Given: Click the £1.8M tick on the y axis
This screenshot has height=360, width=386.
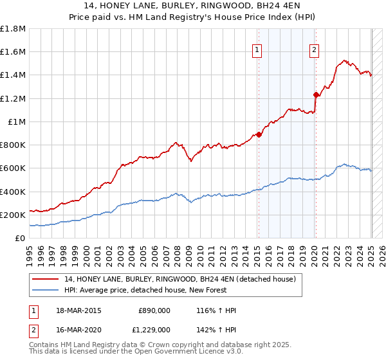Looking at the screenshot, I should click(x=12, y=29).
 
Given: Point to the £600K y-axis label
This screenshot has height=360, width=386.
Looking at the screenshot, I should click(x=12, y=168).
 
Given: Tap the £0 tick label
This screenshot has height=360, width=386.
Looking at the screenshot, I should click(x=20, y=238).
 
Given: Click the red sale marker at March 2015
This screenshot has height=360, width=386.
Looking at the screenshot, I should click(x=259, y=134).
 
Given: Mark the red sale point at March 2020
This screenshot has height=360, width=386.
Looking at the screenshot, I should click(x=316, y=95).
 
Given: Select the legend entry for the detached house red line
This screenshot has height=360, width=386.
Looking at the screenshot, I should click(x=179, y=278).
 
